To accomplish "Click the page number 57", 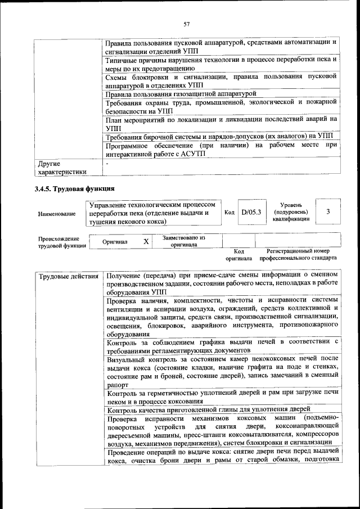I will [187, 23].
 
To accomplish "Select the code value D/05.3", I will [247, 213].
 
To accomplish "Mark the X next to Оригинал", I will [146, 241].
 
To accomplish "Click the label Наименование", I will [57, 214].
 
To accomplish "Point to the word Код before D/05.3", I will [229, 213].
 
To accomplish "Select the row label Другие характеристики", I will [62, 168].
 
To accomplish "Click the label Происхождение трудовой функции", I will [62, 242].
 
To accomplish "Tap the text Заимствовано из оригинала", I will [184, 241].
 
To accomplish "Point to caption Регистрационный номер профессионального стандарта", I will [298, 254].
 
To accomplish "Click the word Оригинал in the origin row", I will [115, 242].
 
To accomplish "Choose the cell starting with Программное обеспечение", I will [221, 150].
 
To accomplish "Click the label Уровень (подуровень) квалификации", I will [291, 212].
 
